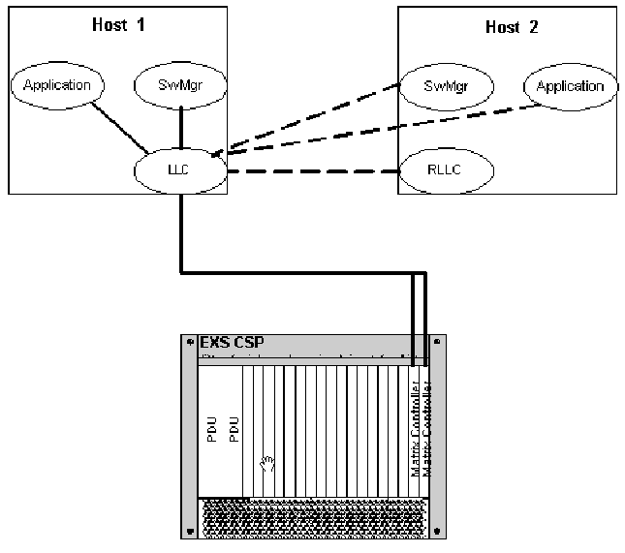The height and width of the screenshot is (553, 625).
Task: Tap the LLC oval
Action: pos(182,173)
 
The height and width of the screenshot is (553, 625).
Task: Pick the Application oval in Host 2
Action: pos(570,86)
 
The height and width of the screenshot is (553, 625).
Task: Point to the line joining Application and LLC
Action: pos(113,124)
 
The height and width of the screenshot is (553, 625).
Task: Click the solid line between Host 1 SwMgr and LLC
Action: pos(182,128)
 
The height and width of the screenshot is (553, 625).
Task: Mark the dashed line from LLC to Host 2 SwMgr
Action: pos(310,121)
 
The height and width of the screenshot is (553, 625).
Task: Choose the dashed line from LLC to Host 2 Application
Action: pos(378,130)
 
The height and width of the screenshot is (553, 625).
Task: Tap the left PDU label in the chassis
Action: pos(212,430)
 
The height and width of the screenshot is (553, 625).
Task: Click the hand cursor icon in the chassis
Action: pos(268,462)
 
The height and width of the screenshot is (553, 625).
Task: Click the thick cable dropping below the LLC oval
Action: pos(182,232)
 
